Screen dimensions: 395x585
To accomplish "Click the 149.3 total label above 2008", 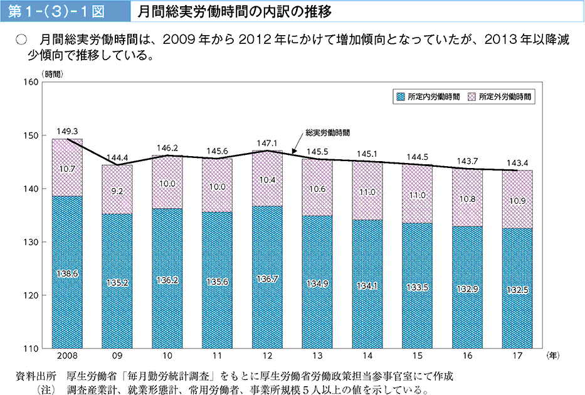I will tap(66, 132).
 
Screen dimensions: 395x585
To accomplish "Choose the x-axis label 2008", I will tap(66, 356).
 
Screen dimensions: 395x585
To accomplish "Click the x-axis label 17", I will tap(517, 356).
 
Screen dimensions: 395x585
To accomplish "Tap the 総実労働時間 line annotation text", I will tap(327, 133).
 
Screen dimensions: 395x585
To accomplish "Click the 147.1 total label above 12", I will tap(267, 144).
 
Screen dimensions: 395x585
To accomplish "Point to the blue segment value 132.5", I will tap(517, 290).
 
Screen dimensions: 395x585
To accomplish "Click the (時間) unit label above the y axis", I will tap(53, 74).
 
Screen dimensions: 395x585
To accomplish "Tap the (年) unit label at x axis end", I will tap(551, 355).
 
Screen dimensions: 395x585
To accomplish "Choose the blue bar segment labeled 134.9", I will tap(317, 283).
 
